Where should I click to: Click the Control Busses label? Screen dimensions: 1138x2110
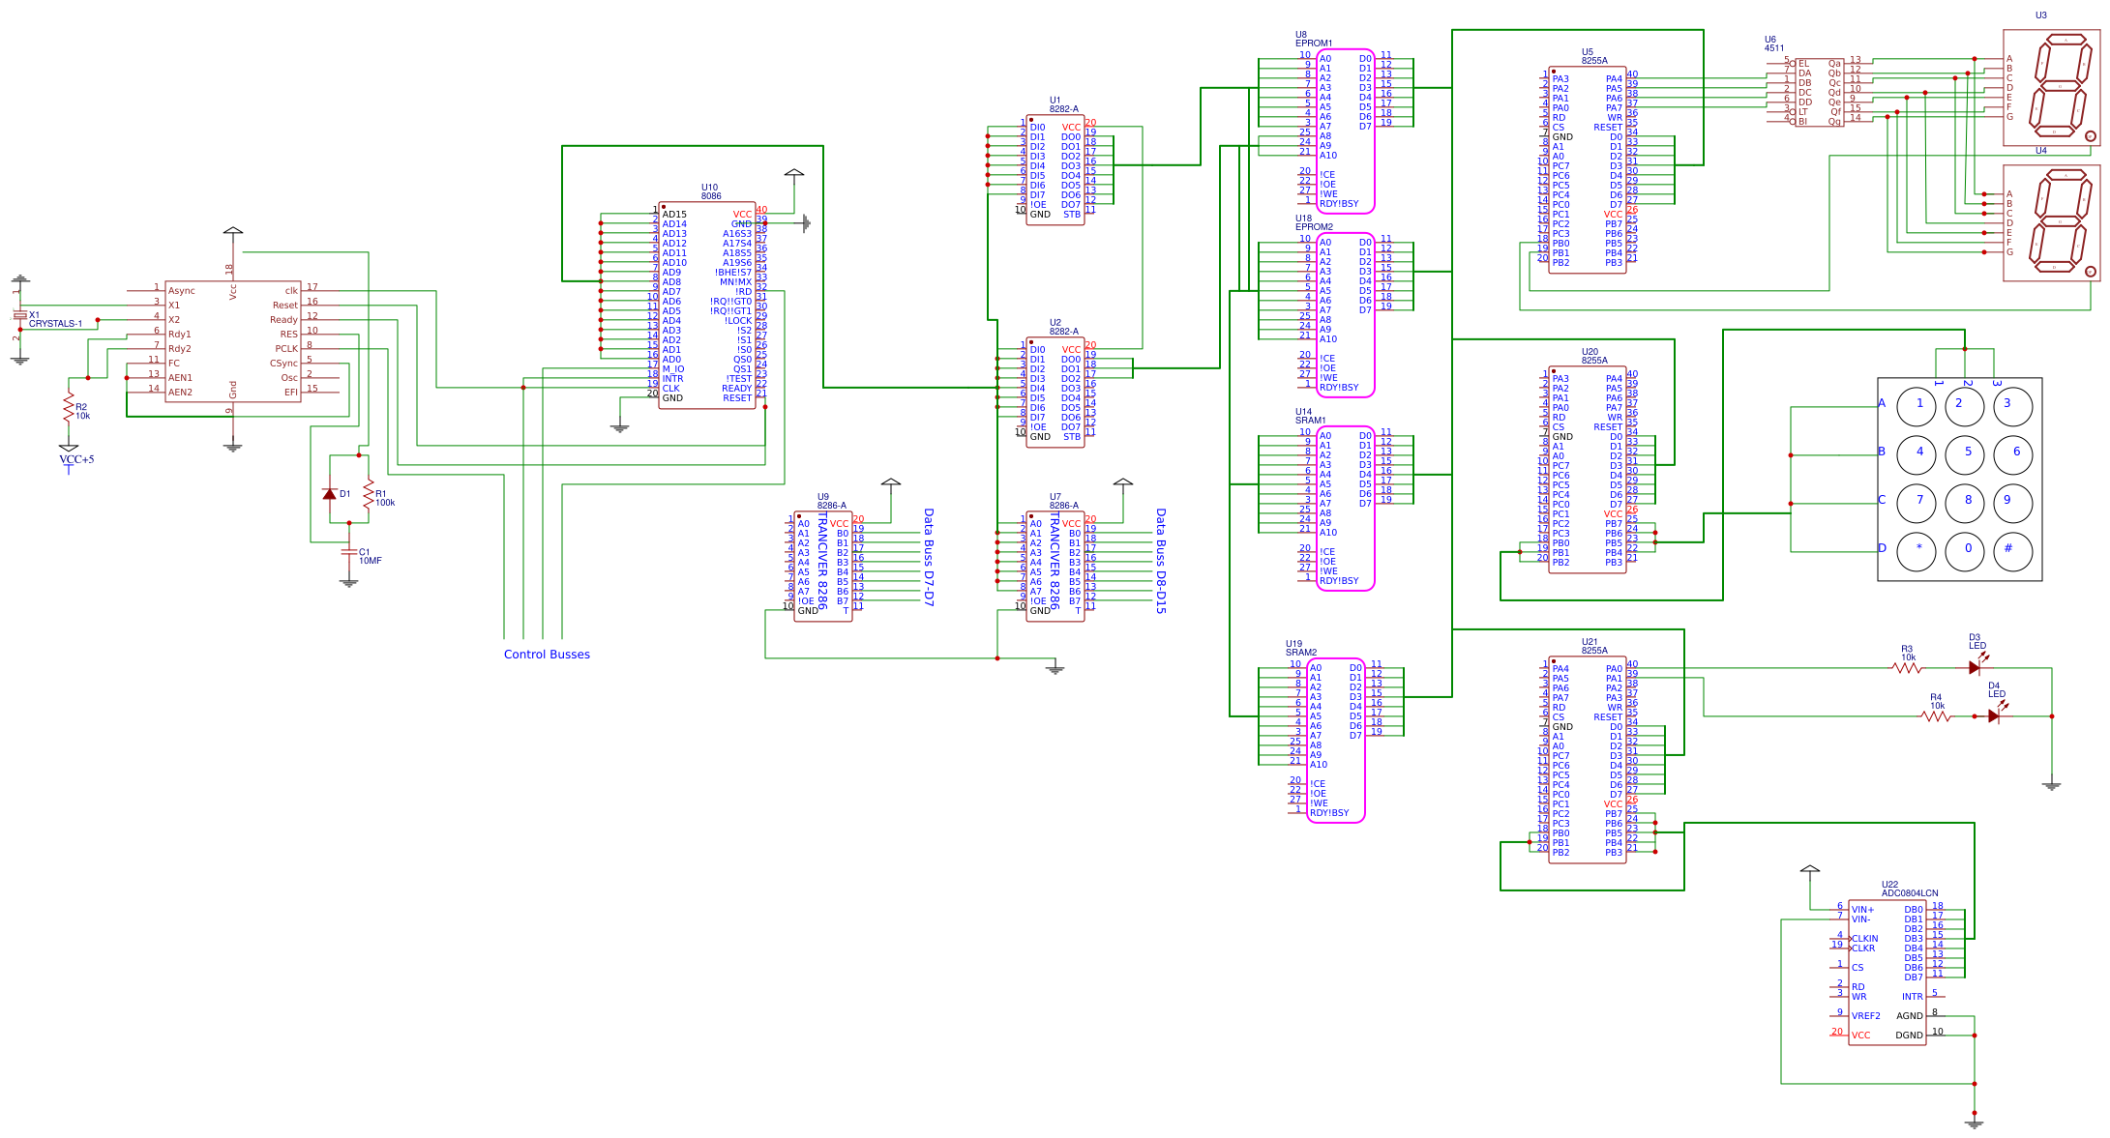tap(547, 655)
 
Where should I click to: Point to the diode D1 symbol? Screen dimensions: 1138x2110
tap(330, 493)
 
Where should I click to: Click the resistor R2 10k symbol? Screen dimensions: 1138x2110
tap(69, 407)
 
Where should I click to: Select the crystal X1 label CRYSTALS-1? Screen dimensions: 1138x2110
tap(55, 324)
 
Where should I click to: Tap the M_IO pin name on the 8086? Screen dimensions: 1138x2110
tap(673, 369)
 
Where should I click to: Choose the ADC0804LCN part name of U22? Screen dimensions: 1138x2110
tap(1909, 893)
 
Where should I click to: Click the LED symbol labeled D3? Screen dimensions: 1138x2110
tap(1975, 667)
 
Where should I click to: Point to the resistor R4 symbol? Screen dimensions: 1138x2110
tap(1937, 716)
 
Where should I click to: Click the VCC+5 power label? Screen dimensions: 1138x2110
tap(76, 460)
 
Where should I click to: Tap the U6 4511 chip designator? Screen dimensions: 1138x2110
tap(1773, 44)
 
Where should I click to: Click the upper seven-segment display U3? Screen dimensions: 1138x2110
tap(2051, 87)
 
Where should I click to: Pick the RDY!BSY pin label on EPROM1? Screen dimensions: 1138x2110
tap(1339, 204)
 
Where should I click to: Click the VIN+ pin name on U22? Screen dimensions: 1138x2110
tap(1862, 910)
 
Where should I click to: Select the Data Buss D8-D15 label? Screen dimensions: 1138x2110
tap(1161, 561)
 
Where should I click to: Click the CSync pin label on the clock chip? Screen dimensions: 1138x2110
tap(283, 364)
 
